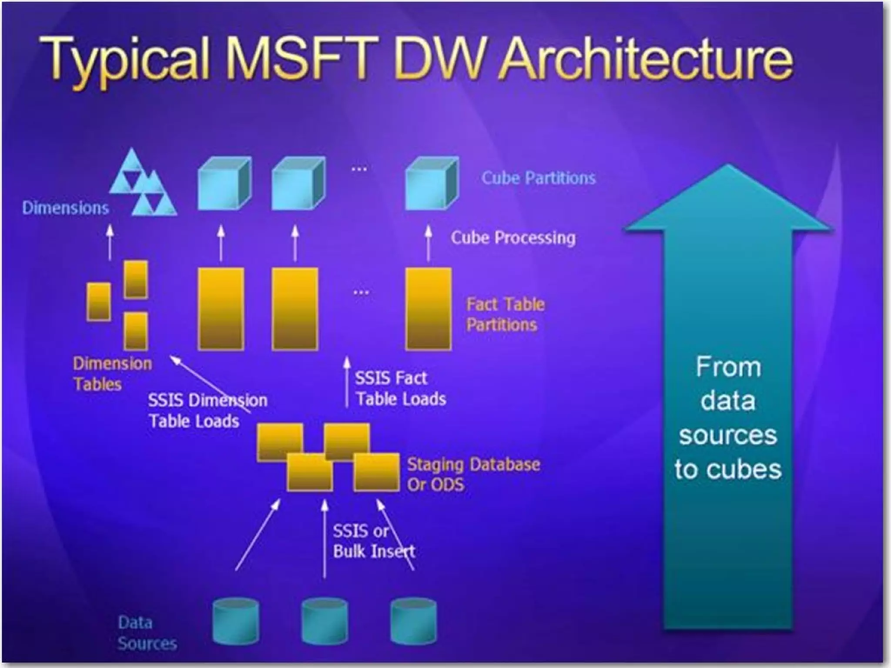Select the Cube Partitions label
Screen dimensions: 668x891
(x=538, y=178)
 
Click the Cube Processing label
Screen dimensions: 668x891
(x=513, y=237)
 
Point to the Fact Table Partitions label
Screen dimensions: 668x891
(x=505, y=314)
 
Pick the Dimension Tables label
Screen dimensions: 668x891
(x=112, y=374)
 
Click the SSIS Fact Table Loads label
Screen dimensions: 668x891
(x=400, y=388)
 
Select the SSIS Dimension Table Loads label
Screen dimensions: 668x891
(x=207, y=411)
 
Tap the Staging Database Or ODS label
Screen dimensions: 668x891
(x=473, y=474)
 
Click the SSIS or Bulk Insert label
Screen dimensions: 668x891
(x=373, y=541)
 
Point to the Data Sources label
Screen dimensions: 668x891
(x=147, y=633)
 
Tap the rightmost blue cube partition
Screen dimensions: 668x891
(x=432, y=184)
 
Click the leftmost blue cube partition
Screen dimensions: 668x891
(x=224, y=184)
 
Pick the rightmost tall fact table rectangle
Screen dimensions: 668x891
(x=429, y=309)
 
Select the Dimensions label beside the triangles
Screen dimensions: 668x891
(x=65, y=208)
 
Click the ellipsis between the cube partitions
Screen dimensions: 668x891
(x=359, y=169)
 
